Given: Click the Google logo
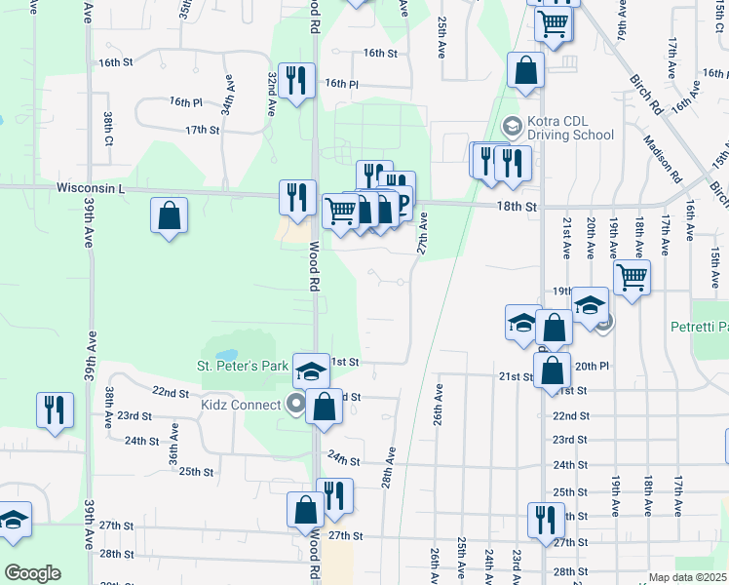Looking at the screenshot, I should [32, 572].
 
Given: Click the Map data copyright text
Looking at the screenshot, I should [688, 577].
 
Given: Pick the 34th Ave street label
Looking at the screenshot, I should [227, 95].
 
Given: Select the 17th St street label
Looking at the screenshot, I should [203, 130].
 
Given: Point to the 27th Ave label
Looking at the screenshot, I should [423, 235].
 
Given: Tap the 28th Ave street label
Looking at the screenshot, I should [388, 469].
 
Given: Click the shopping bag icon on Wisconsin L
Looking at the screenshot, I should [170, 214].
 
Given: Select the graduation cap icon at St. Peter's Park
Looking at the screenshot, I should [311, 370].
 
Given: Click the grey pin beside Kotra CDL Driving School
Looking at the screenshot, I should [511, 127].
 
